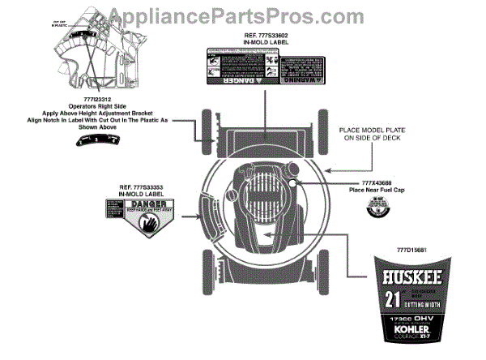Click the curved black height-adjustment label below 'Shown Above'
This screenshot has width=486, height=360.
tap(96, 140)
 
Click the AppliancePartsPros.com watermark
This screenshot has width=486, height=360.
tap(242, 14)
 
